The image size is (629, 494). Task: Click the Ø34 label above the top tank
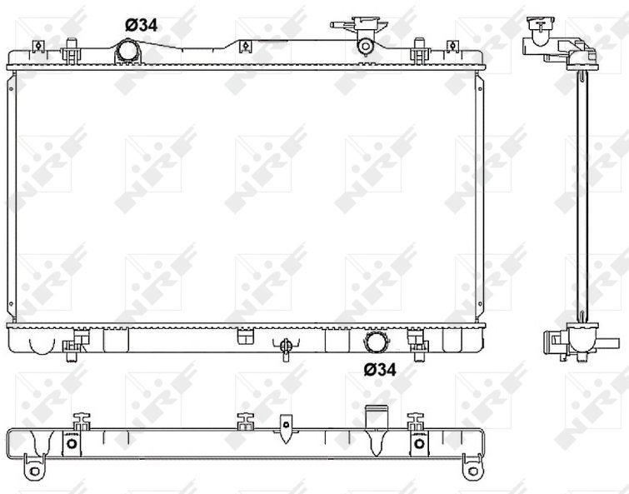coord(141,25)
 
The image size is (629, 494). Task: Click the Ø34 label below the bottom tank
coord(380,370)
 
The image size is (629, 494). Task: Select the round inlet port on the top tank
coord(128,51)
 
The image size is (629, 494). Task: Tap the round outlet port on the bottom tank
coord(376,342)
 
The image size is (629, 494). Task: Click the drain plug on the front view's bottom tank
coord(285,348)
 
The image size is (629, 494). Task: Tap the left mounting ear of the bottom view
coord(34,467)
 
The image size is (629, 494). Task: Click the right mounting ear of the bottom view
coord(473,467)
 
